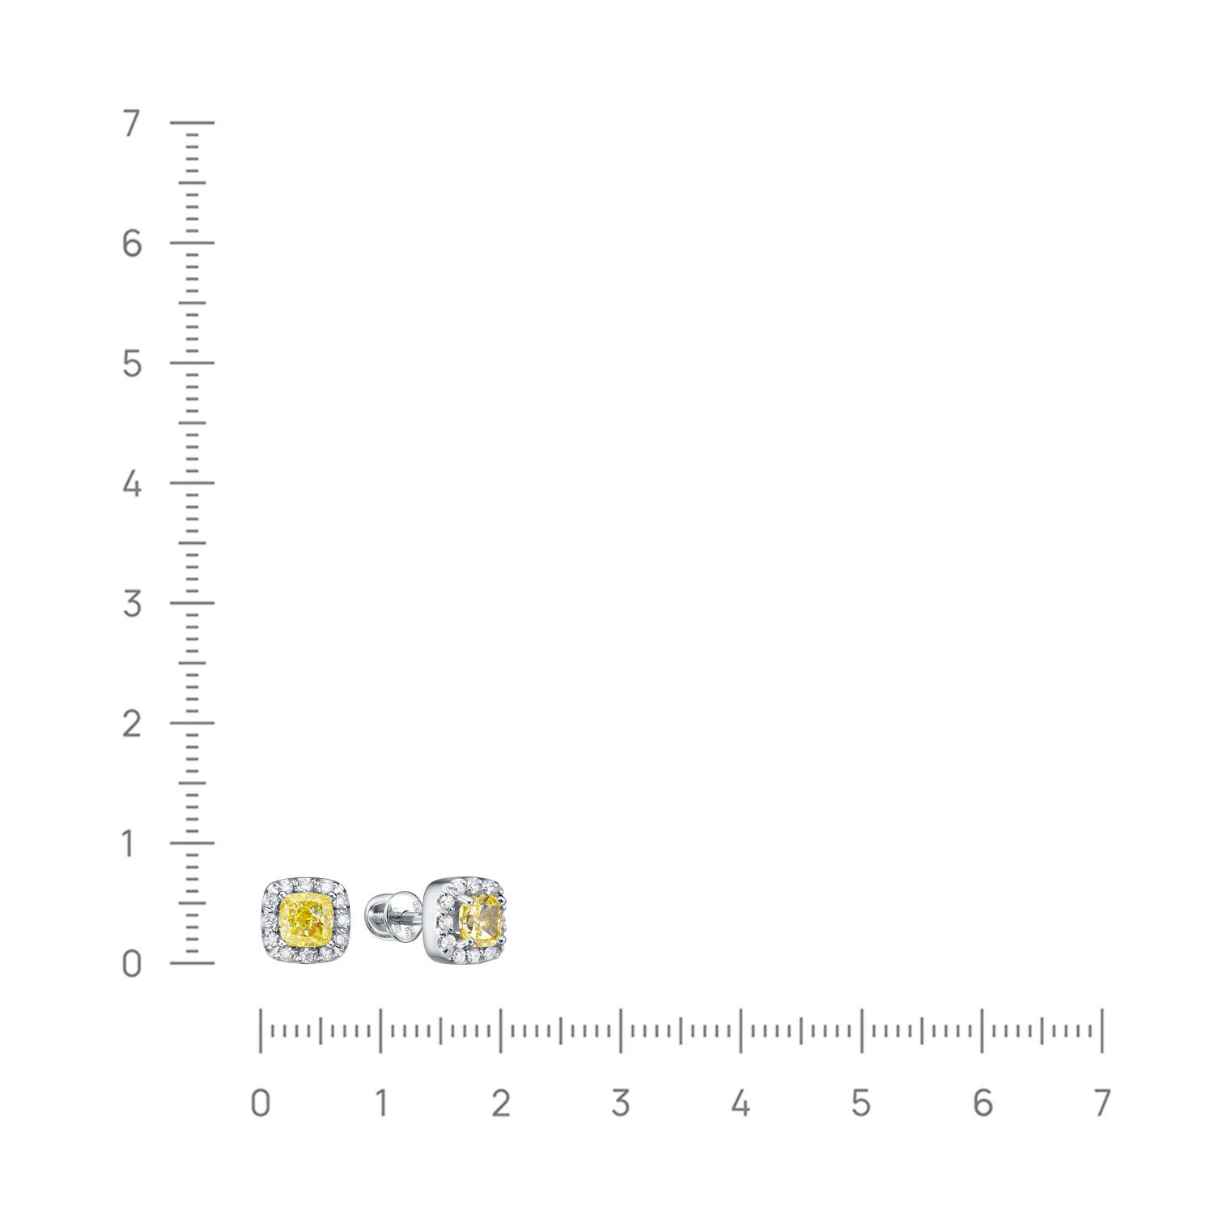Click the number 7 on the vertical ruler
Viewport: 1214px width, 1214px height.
pyautogui.click(x=132, y=124)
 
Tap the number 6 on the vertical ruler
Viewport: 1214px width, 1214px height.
pyautogui.click(x=132, y=243)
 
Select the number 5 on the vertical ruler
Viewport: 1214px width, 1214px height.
pyautogui.click(x=132, y=363)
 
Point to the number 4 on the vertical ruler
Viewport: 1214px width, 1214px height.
pyautogui.click(x=132, y=484)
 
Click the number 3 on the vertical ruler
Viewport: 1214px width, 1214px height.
pyautogui.click(x=132, y=604)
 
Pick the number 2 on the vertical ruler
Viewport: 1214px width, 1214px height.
pyautogui.click(x=132, y=724)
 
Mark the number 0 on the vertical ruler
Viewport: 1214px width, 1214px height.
pyautogui.click(x=132, y=964)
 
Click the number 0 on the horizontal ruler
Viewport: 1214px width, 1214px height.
pyautogui.click(x=260, y=1103)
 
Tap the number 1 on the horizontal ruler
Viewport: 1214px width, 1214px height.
pyautogui.click(x=381, y=1103)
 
